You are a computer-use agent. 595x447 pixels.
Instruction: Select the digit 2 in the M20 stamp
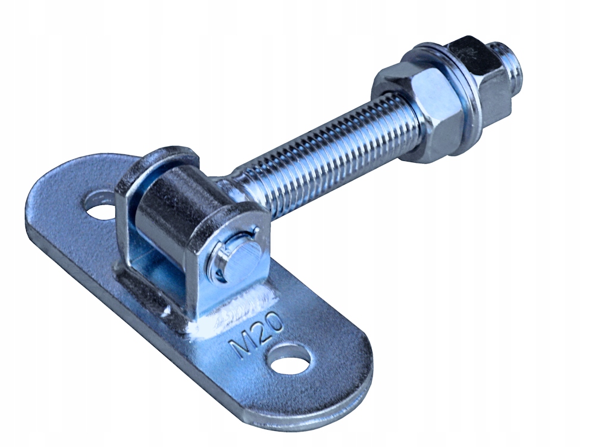coord(261,331)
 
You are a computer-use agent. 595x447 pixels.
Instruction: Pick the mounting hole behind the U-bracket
coord(99,206)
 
